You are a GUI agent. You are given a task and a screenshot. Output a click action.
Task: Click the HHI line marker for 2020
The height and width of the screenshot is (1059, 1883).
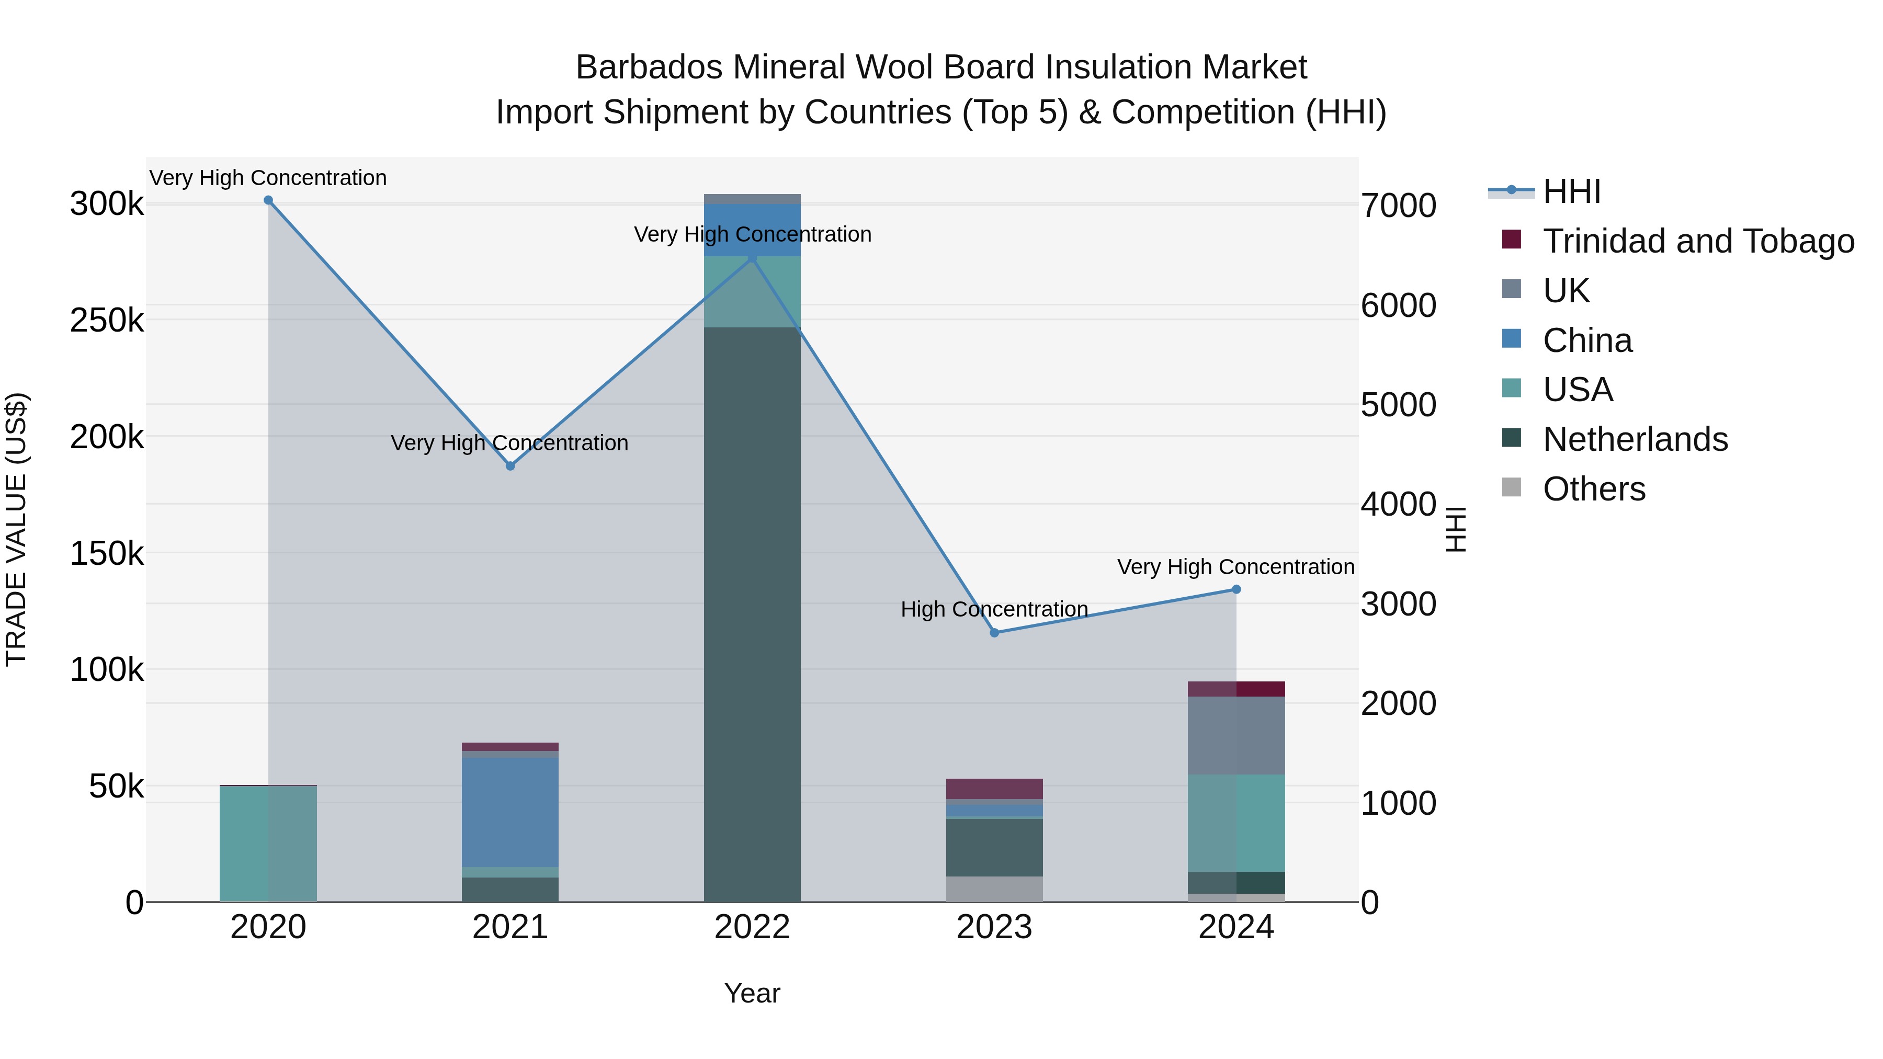268,200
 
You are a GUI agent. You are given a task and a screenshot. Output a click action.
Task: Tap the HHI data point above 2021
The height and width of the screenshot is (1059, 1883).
510,466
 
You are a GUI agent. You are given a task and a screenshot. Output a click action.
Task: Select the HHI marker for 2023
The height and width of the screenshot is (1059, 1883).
994,633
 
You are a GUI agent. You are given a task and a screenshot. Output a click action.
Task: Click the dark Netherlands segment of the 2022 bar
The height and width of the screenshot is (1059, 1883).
752,614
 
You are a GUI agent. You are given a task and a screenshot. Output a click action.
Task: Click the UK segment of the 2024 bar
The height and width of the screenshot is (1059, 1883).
1236,735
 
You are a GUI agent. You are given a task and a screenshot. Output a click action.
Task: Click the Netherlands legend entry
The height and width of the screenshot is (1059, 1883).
1635,439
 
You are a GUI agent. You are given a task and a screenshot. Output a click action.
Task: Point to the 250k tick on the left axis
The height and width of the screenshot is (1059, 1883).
107,320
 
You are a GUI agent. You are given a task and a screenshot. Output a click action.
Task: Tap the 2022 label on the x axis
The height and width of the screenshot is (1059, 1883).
752,927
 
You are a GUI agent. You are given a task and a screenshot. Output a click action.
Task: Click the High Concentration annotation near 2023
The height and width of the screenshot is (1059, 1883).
994,609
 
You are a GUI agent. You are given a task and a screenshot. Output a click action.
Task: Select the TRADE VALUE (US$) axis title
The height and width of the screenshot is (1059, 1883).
16,529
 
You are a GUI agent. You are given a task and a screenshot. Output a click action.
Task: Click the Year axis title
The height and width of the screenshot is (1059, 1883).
752,993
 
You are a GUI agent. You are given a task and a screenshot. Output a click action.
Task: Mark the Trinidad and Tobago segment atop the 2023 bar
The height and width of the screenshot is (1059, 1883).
994,789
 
